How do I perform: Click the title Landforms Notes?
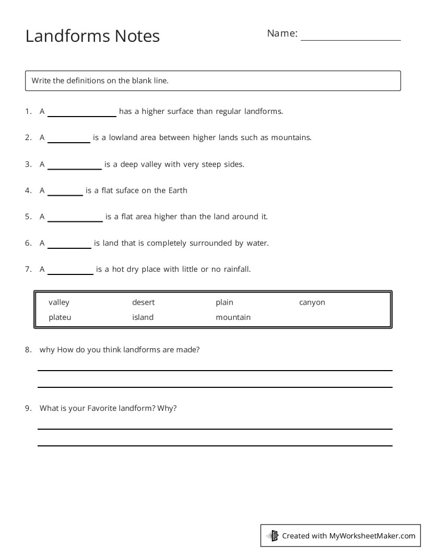click(x=92, y=36)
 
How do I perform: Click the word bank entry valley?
click(x=59, y=302)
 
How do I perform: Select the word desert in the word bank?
click(x=143, y=302)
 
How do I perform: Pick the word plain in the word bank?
click(x=224, y=302)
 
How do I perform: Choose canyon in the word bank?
click(x=312, y=302)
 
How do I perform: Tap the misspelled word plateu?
click(x=60, y=317)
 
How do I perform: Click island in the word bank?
click(x=143, y=317)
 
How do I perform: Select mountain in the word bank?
click(x=233, y=317)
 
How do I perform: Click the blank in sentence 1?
click(x=81, y=114)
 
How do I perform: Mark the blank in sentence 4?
click(x=65, y=193)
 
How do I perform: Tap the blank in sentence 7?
click(x=70, y=272)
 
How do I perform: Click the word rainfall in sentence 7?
click(x=236, y=269)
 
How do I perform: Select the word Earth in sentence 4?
click(x=177, y=190)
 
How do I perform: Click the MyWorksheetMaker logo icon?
click(x=273, y=535)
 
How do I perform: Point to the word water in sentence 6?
click(x=257, y=243)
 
